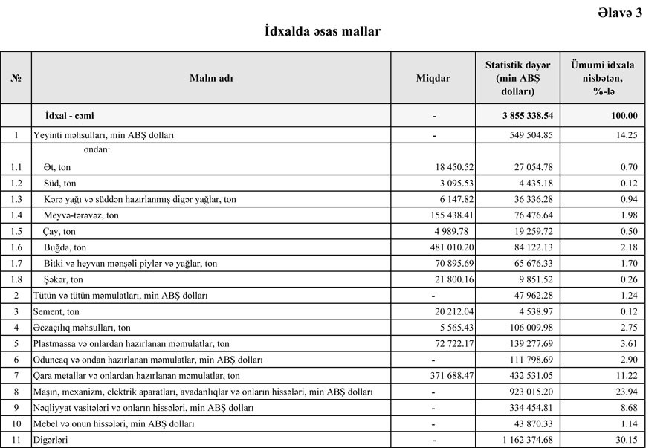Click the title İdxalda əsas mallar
[x=323, y=32]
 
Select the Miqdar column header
[x=433, y=78]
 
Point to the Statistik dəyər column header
[x=517, y=77]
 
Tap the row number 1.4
[x=16, y=215]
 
